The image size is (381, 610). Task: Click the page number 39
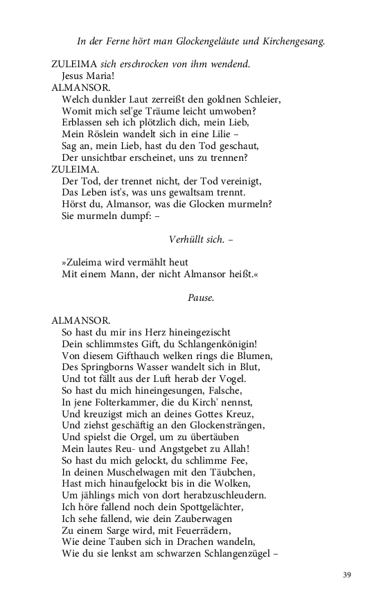coord(347,575)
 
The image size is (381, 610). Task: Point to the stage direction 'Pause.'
coord(201,297)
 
